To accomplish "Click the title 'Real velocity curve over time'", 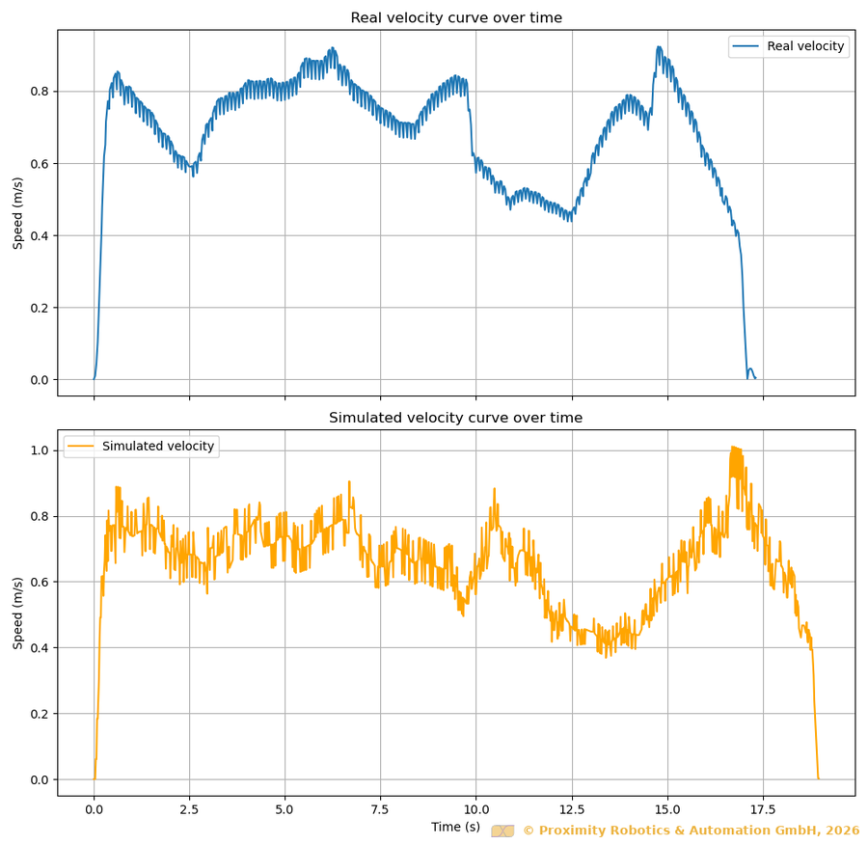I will (x=456, y=18).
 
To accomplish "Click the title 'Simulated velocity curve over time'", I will (x=456, y=418).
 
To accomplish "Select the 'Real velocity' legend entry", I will (x=804, y=46).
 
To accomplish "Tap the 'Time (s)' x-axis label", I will (x=455, y=827).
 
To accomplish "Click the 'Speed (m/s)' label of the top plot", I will (x=18, y=213).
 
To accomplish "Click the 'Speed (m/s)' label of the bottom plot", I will (x=18, y=613).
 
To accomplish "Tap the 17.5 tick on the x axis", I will (x=763, y=810).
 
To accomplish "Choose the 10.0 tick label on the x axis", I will (x=475, y=810).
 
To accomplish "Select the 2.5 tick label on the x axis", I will (x=189, y=810).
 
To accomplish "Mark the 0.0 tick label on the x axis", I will (x=94, y=810).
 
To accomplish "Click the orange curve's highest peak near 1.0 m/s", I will (x=735, y=448).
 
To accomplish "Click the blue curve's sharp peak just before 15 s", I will (x=659, y=46).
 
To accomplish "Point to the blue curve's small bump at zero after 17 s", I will (x=750, y=369).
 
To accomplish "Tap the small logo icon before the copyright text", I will (x=502, y=831).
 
